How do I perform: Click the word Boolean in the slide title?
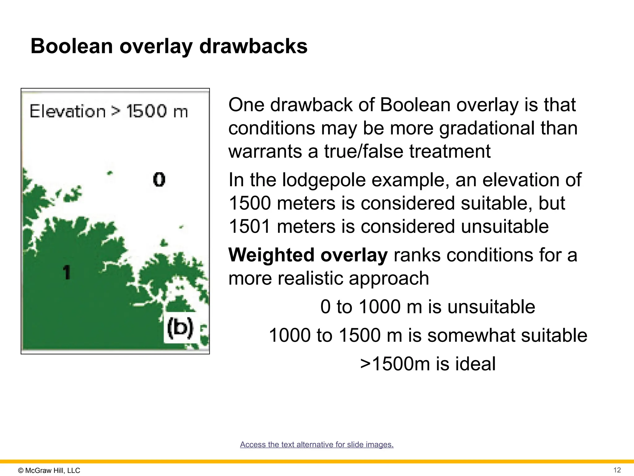(x=72, y=46)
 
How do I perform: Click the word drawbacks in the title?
(x=253, y=46)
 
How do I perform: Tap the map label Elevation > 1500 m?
(x=109, y=111)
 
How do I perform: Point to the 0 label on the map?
(x=159, y=179)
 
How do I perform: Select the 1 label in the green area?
(x=67, y=272)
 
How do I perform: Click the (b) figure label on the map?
(x=180, y=328)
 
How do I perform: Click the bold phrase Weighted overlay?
(x=308, y=255)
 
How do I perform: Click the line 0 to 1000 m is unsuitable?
(x=428, y=307)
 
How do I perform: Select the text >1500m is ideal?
(x=428, y=364)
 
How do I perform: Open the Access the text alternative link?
(x=317, y=444)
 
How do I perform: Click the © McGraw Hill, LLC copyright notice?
(x=49, y=470)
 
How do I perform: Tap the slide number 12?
(x=617, y=470)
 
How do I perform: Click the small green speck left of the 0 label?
(x=109, y=173)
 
